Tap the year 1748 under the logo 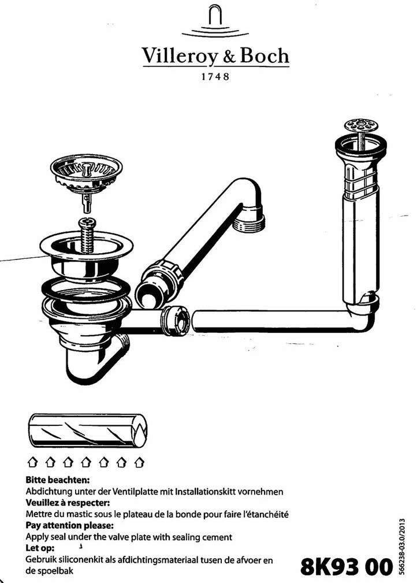[x=215, y=77]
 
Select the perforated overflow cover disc [x=359, y=125]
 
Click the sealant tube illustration [x=87, y=430]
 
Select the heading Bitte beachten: [x=58, y=480]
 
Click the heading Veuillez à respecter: [x=68, y=503]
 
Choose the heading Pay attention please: [x=69, y=526]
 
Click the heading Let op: [x=40, y=548]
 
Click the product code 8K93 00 [x=347, y=567]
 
